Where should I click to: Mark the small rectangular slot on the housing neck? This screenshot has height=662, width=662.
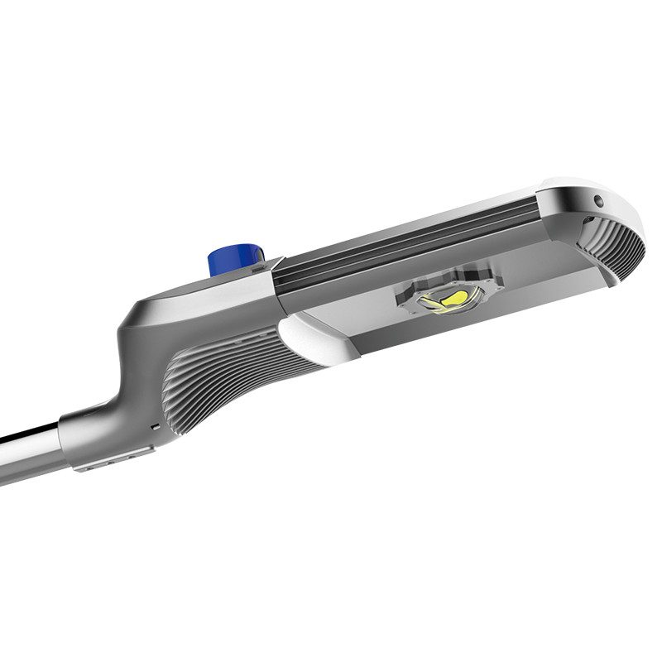[x=154, y=426]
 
